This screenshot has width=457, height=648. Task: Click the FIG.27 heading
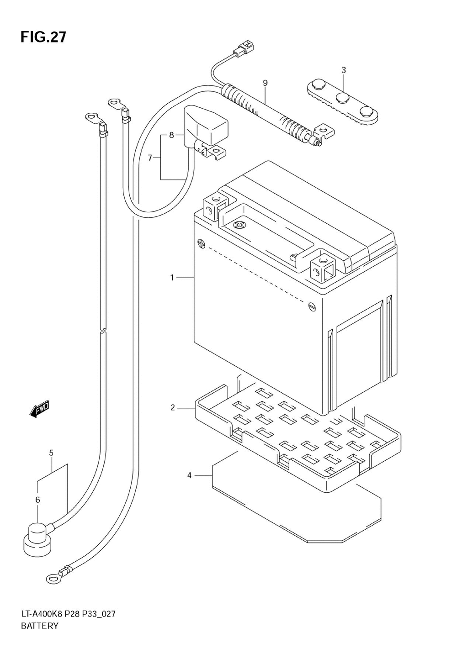click(43, 37)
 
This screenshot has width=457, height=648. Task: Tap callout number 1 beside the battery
click(172, 278)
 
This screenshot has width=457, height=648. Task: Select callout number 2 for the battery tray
click(173, 408)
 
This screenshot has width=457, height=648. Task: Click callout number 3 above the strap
click(344, 70)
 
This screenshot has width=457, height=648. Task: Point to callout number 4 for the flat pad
click(189, 475)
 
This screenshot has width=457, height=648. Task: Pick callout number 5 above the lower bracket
click(51, 453)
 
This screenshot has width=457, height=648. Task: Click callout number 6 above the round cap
click(37, 500)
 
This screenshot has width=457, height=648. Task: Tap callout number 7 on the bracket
click(150, 158)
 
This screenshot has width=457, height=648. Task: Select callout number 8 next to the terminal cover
click(171, 135)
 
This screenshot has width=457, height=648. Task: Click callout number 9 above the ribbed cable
click(265, 83)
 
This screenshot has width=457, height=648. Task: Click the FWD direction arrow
click(39, 409)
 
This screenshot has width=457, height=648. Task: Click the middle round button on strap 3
click(342, 97)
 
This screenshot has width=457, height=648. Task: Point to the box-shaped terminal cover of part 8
click(206, 125)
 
